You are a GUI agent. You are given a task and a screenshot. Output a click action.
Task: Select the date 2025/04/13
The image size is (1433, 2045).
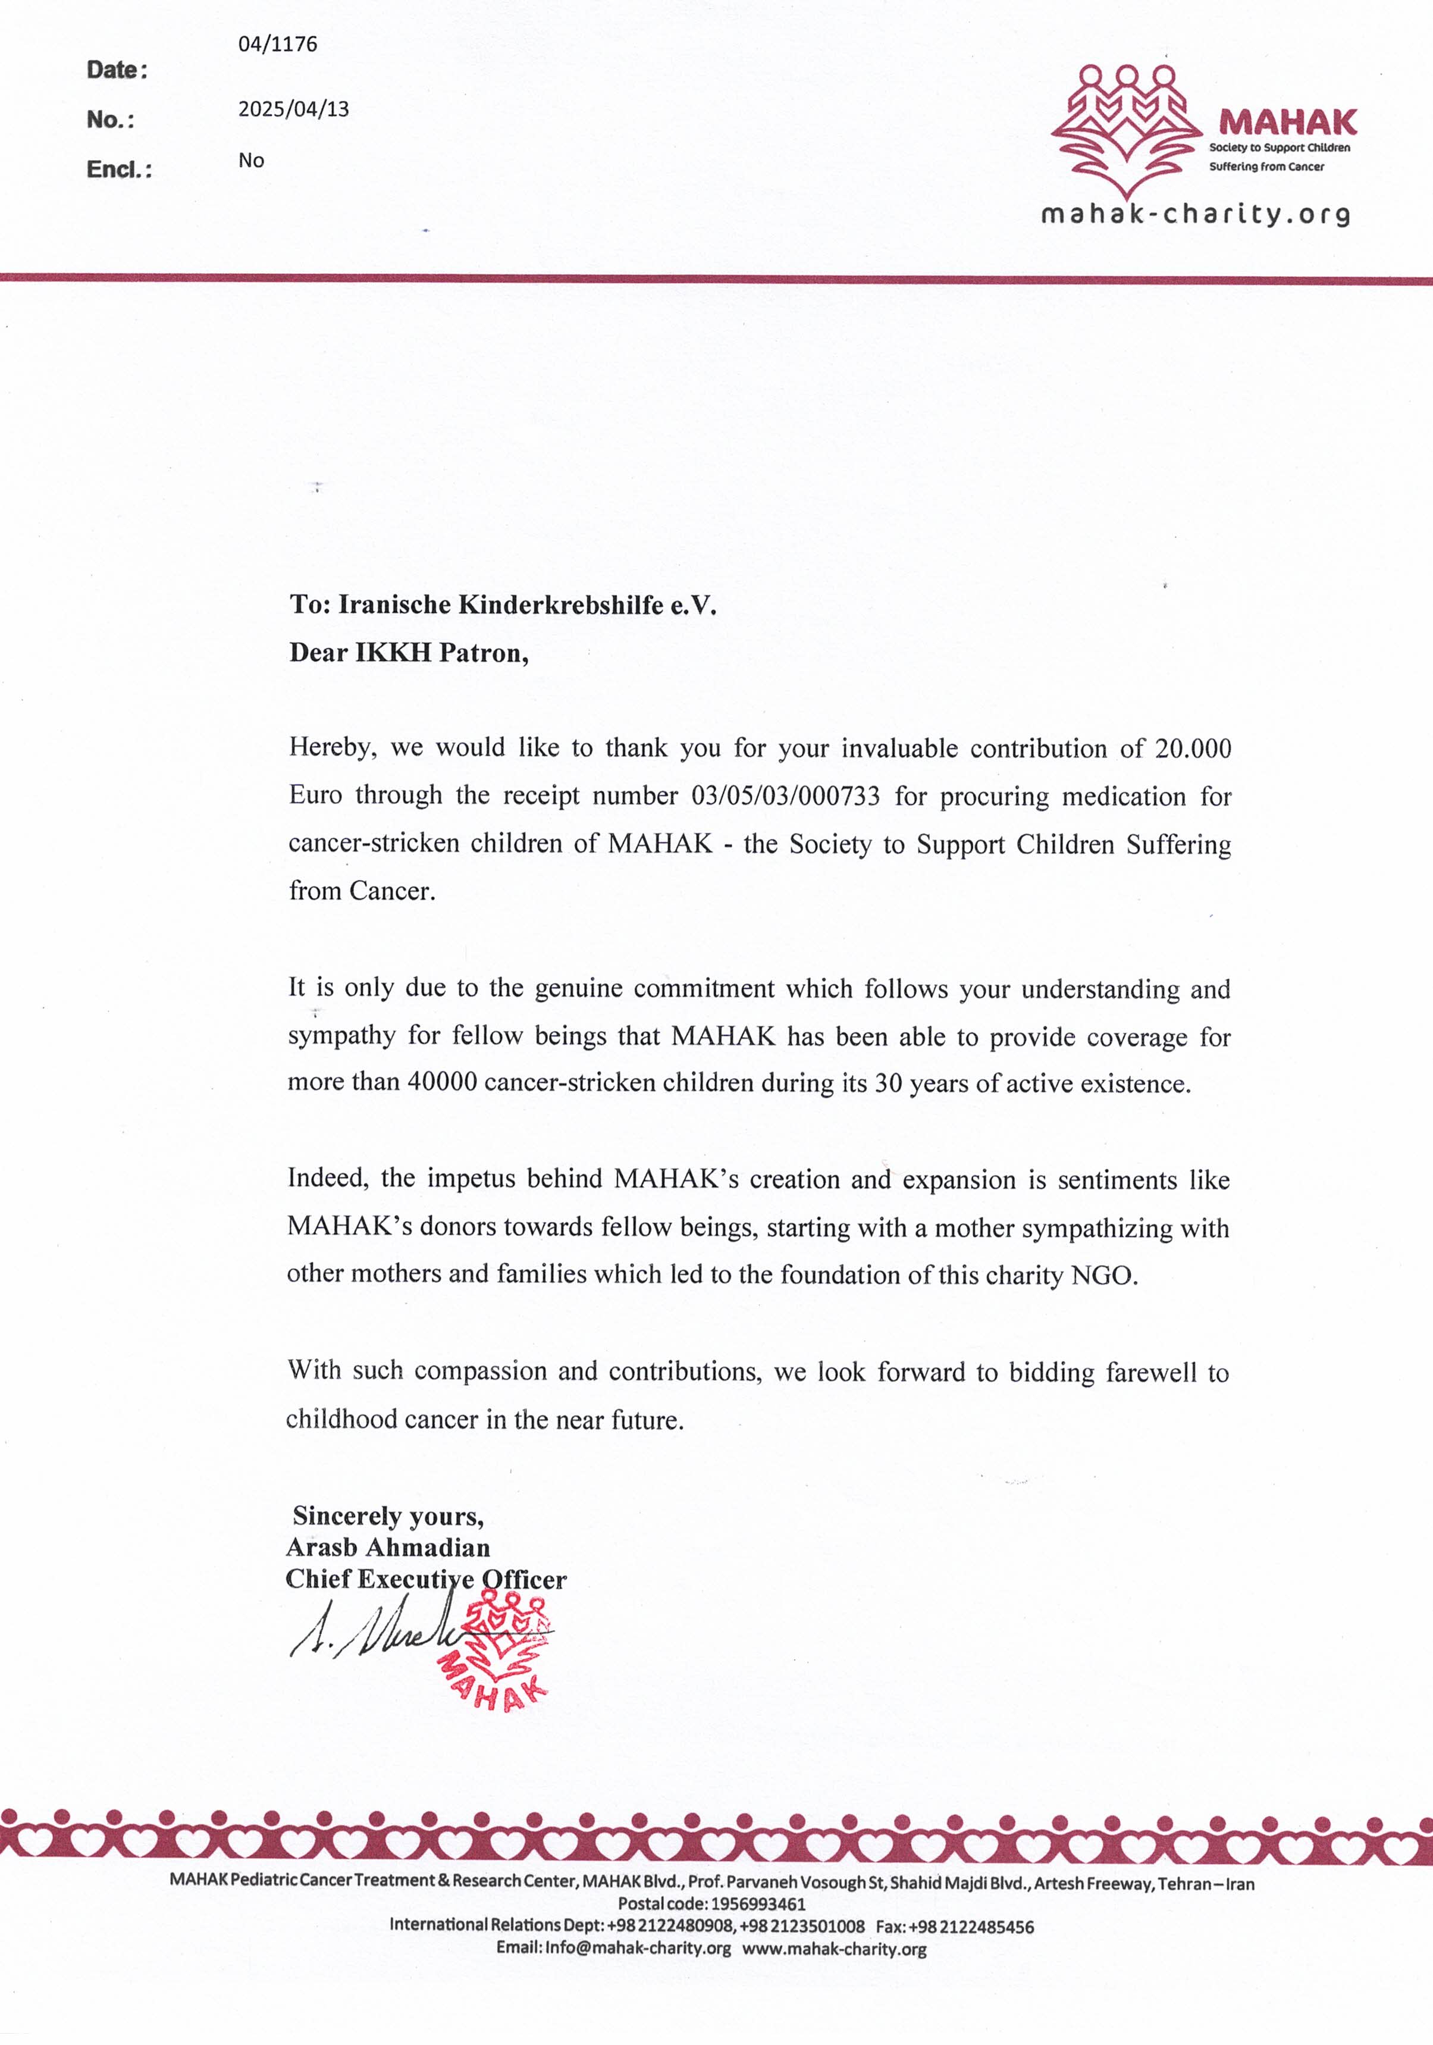[x=293, y=109]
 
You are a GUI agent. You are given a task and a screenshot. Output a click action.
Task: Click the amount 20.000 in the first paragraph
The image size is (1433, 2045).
[x=1193, y=748]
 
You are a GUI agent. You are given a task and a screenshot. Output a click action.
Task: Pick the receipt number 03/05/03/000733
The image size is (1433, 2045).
[x=786, y=796]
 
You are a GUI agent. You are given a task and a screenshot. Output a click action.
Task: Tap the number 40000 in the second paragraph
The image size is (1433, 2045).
[x=443, y=1083]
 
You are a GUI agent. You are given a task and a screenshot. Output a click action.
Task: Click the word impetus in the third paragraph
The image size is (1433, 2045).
[x=471, y=1179]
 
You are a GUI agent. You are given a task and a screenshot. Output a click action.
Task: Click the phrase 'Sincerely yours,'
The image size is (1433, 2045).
[x=388, y=1516]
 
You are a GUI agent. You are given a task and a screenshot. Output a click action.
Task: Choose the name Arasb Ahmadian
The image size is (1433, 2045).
[x=387, y=1547]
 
